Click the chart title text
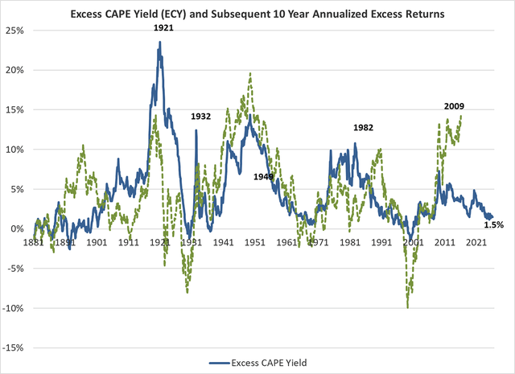(x=257, y=13)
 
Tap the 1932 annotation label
(x=200, y=117)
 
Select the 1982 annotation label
(x=365, y=128)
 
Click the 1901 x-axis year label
(x=97, y=240)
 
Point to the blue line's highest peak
(x=160, y=42)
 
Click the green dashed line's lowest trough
(x=408, y=306)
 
